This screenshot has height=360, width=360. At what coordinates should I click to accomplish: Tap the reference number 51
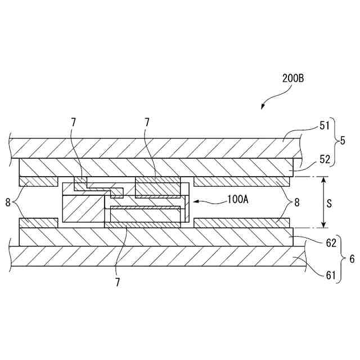(x=326, y=127)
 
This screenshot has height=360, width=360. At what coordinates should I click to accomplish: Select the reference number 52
(x=326, y=159)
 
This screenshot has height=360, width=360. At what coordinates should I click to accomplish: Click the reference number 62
(x=331, y=244)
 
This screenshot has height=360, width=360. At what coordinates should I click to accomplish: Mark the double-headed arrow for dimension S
(x=323, y=203)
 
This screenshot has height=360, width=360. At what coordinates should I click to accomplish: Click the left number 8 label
(x=8, y=200)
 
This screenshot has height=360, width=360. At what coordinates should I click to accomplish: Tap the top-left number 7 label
(x=73, y=122)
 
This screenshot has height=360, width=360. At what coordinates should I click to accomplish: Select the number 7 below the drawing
(x=118, y=282)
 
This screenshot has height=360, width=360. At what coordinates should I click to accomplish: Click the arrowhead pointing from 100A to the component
(x=195, y=200)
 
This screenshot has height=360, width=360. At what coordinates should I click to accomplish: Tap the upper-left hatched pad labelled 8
(x=38, y=181)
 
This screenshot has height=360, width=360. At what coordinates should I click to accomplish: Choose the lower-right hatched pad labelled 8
(x=242, y=223)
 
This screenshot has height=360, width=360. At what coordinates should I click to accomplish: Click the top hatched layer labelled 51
(x=152, y=148)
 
